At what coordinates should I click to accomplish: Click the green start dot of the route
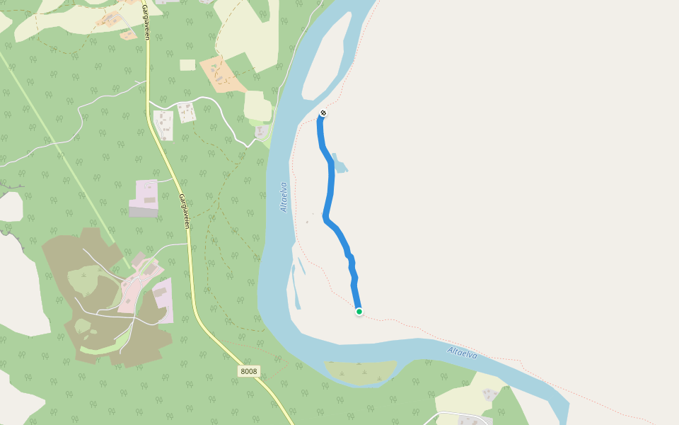click(x=359, y=312)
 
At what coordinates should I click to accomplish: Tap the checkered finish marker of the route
click(x=323, y=113)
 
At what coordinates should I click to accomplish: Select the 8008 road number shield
click(x=249, y=371)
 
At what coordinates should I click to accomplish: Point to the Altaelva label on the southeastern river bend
click(x=463, y=353)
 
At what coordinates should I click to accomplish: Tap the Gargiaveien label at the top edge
click(x=145, y=21)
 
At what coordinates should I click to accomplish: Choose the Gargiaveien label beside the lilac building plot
click(x=185, y=211)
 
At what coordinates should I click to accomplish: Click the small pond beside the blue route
click(x=339, y=164)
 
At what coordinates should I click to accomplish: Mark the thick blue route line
click(x=330, y=191)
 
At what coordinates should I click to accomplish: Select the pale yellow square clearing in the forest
click(x=187, y=65)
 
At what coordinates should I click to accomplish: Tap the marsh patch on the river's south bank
click(x=361, y=371)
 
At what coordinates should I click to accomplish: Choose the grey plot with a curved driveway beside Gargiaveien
click(x=163, y=125)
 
